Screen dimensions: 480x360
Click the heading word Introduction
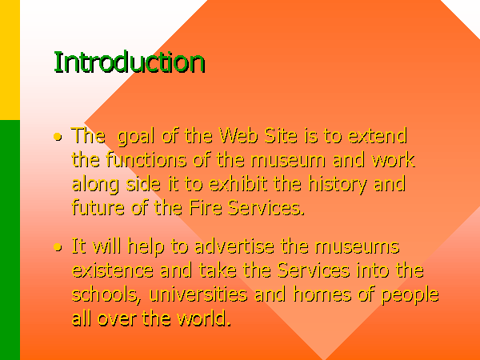tap(130, 62)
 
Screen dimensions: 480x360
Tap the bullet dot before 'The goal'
tap(58, 137)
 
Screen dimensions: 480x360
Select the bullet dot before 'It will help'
tap(58, 247)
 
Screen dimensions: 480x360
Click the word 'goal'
tap(136, 137)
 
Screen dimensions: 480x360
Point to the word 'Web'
tap(238, 135)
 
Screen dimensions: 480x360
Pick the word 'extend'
tap(378, 135)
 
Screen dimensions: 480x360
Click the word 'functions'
tap(146, 159)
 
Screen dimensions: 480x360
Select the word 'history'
tap(337, 185)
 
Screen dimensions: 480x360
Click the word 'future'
tap(98, 207)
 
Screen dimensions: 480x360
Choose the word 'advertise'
tap(234, 246)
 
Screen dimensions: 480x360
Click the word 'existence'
tap(112, 270)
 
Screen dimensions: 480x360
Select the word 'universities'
tap(198, 294)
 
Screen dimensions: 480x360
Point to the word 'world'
tap(204, 318)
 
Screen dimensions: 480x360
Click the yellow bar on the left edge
tap(10, 60)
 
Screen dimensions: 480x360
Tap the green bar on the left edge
tap(10, 240)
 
